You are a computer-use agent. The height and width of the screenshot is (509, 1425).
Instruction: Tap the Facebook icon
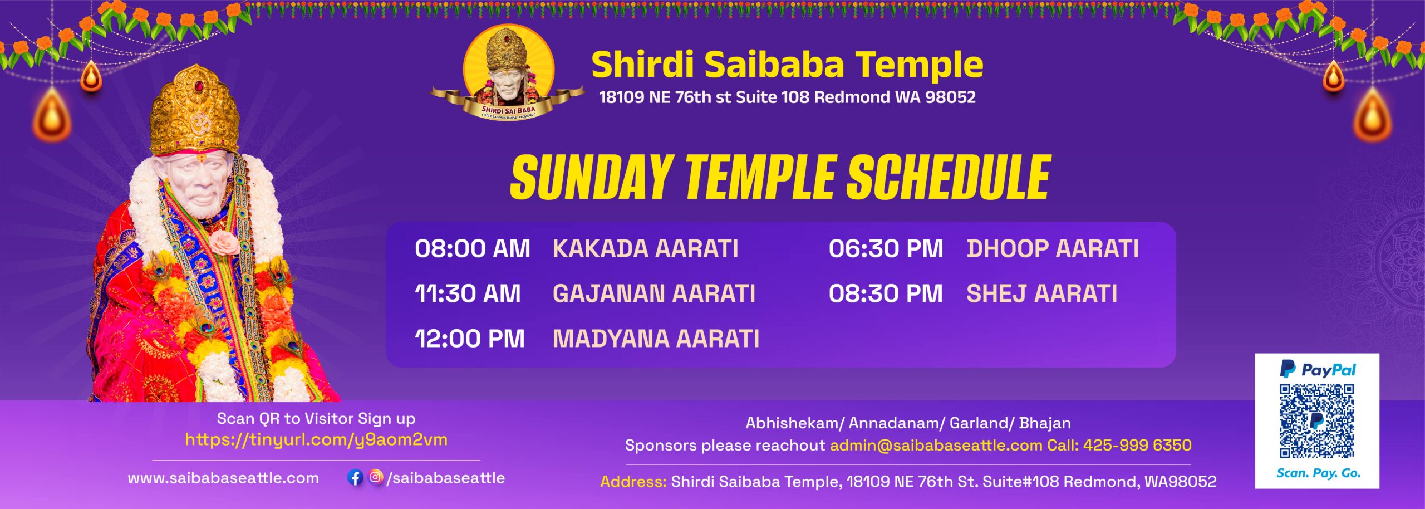[x=355, y=477]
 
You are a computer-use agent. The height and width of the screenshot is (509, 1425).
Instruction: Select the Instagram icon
[x=376, y=477]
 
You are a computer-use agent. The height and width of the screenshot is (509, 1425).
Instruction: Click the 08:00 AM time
[x=472, y=248]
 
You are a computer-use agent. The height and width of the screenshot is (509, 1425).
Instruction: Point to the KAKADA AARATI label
[x=646, y=248]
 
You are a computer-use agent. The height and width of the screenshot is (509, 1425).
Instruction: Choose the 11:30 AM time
[x=468, y=293]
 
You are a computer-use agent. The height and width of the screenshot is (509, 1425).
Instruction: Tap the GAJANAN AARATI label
[x=654, y=293]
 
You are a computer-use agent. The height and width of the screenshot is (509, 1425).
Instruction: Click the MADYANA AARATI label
[x=656, y=339]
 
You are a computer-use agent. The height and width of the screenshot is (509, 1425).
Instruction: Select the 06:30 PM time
[x=886, y=248]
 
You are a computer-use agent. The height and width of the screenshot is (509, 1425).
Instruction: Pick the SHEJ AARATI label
[x=1042, y=293]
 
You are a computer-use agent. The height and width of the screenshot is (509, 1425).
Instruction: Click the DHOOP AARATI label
[x=1053, y=248]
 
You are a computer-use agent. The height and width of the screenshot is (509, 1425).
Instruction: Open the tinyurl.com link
[x=316, y=440]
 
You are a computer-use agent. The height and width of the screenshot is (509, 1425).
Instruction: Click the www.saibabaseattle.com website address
[x=223, y=478]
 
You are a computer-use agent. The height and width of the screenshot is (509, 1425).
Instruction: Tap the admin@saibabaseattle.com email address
[x=936, y=445]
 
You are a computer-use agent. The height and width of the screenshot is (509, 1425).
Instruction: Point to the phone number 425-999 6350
[x=1137, y=445]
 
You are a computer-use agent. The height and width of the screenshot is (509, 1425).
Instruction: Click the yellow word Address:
[x=633, y=482]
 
